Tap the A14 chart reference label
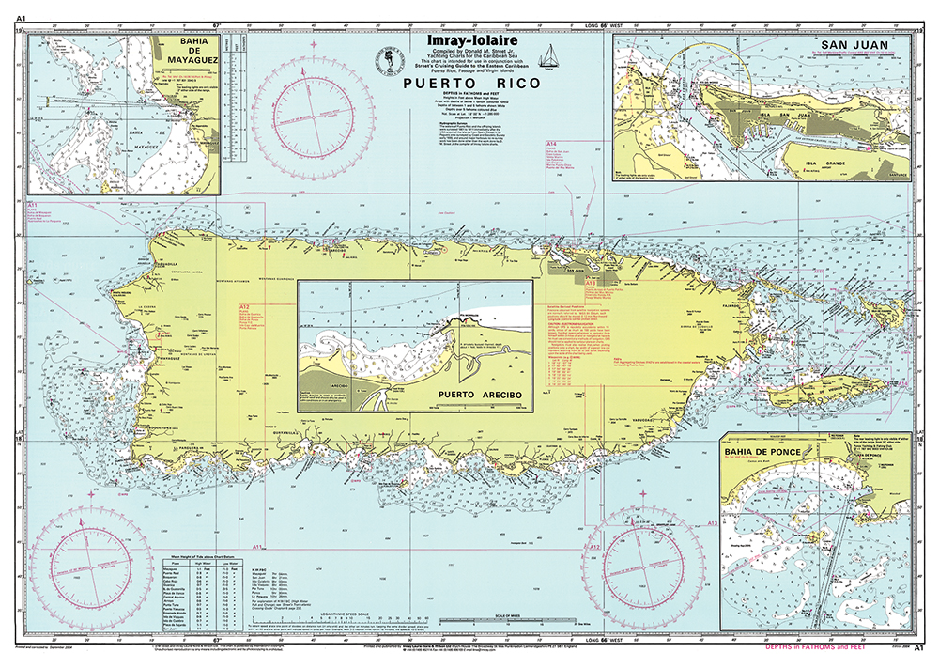pos(552,143)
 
